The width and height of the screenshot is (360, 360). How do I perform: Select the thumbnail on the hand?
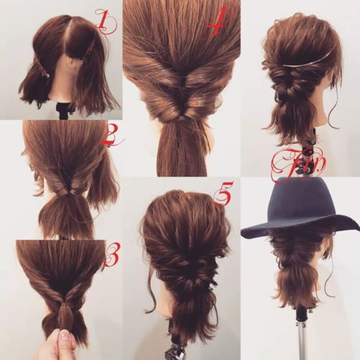64,334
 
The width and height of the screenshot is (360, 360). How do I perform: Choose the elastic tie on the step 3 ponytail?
64,305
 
